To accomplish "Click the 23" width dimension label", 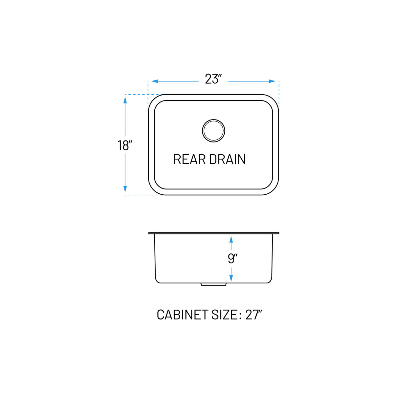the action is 213,79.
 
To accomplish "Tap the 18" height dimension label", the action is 125,145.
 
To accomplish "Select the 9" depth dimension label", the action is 232,258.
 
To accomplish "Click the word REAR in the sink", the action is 189,159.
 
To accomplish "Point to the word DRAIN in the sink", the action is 227,159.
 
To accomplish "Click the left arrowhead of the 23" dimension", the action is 155,81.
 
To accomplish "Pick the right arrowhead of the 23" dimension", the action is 272,81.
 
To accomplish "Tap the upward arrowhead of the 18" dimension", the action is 125,100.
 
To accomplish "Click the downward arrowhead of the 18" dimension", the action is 125,189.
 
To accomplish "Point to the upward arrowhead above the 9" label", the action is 231,239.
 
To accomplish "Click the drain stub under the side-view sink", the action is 213,284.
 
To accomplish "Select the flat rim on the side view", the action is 214,233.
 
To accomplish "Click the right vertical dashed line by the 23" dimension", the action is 279,94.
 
